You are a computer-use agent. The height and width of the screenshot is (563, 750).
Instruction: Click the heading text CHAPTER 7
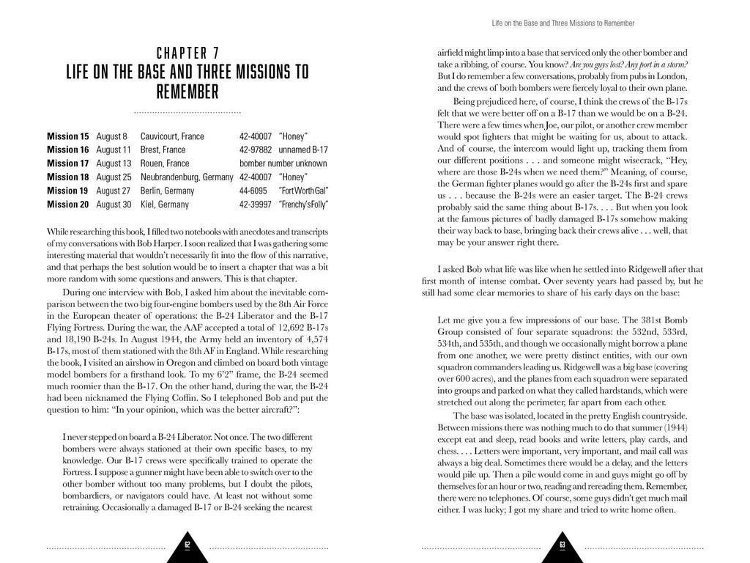click(x=187, y=54)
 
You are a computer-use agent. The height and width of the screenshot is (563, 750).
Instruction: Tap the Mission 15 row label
click(x=67, y=136)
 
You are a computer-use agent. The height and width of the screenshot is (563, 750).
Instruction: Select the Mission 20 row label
click(x=67, y=204)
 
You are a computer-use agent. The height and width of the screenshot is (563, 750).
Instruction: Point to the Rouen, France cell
click(x=166, y=163)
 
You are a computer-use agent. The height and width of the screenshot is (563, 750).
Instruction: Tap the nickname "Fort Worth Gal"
click(x=303, y=191)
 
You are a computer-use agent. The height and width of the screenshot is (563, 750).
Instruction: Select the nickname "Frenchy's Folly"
click(x=303, y=204)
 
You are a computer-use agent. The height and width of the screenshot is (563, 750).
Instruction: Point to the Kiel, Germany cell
click(x=165, y=204)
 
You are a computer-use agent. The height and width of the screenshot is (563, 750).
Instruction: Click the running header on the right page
click(x=562, y=23)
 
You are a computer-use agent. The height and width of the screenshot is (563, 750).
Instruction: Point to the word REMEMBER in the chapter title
click(x=187, y=93)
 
